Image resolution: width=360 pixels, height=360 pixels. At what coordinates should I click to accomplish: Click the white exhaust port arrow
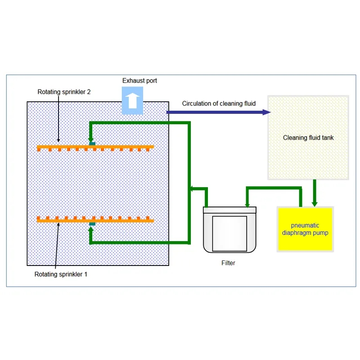[133, 101]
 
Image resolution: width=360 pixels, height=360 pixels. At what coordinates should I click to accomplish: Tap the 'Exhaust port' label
[139, 81]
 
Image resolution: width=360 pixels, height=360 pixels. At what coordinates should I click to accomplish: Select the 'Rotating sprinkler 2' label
[64, 92]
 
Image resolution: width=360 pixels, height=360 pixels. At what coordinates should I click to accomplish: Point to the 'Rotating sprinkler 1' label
[61, 274]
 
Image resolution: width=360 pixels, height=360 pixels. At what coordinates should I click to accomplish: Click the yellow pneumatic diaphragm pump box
[305, 229]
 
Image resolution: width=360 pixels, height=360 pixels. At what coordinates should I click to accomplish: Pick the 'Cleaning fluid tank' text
[308, 138]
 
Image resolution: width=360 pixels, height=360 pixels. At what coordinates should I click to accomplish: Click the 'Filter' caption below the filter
[228, 263]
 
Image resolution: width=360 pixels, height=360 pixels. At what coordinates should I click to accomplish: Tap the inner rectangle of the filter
[229, 233]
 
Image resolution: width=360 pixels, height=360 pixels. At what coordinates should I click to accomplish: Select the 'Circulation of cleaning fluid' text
[219, 103]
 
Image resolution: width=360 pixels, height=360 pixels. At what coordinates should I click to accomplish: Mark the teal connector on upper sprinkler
[92, 143]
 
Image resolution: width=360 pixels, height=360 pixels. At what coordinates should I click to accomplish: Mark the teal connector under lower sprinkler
[92, 224]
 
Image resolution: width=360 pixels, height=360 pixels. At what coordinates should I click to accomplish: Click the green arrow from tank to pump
[315, 193]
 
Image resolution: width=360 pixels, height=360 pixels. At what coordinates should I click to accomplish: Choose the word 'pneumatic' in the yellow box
[305, 225]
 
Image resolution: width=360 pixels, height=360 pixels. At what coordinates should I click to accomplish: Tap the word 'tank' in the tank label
[327, 138]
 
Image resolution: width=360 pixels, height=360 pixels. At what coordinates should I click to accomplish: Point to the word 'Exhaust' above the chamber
[133, 81]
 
